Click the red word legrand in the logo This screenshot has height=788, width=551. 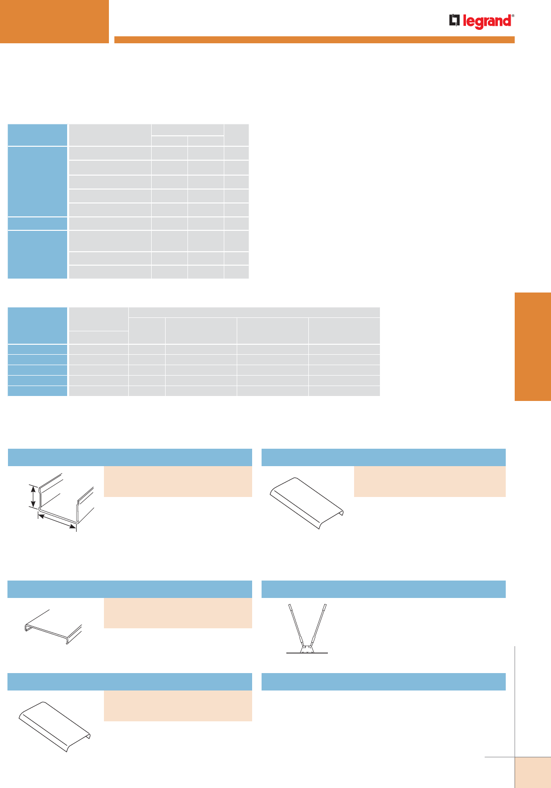(487, 22)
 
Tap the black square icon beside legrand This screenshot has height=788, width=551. (455, 20)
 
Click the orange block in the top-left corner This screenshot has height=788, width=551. (54, 21)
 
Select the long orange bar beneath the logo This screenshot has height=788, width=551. (314, 40)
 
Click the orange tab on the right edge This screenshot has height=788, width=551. (533, 346)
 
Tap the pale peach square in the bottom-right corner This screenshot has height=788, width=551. (533, 773)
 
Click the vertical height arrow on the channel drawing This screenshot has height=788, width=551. (33, 497)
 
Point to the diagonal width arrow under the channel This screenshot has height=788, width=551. (57, 522)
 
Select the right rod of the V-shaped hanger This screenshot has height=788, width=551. (319, 625)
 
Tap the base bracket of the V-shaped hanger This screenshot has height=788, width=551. (307, 649)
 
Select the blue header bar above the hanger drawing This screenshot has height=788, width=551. (383, 589)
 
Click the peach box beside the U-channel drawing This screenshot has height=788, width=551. (178, 481)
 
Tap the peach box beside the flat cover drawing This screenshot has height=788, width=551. (178, 613)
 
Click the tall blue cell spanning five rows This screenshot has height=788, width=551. (38, 181)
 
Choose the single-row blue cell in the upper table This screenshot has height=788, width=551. (38, 223)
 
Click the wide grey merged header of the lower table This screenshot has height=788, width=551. (254, 312)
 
